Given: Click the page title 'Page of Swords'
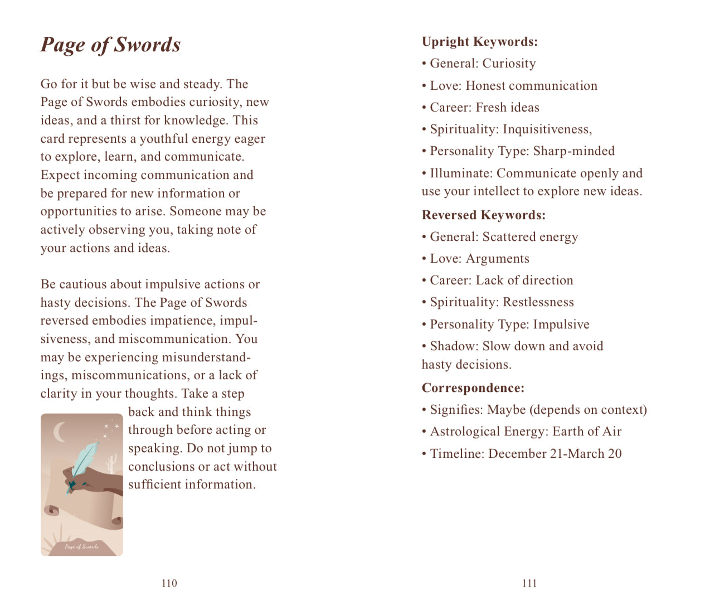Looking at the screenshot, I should point(110,45).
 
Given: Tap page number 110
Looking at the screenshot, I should point(169,583).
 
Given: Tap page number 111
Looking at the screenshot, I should point(529,583).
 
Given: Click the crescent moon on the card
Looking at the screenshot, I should point(59,432).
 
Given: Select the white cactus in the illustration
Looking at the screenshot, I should point(111,462).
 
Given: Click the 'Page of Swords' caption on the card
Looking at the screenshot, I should point(81,546).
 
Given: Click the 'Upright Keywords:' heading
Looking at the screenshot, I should point(479,42).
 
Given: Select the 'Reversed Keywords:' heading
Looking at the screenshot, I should point(483,215).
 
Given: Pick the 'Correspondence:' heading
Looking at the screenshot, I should point(473,388).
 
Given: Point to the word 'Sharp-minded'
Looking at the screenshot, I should point(573,151).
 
